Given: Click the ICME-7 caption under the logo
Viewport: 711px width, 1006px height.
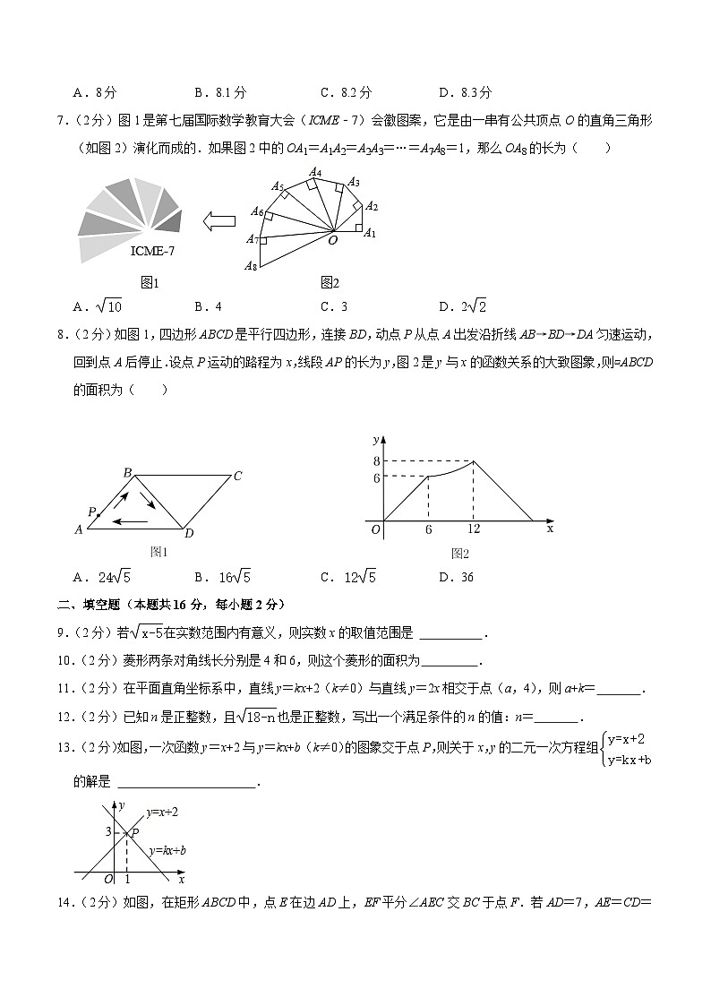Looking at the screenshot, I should (x=152, y=251).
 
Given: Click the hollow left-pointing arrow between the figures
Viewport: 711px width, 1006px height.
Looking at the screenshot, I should (x=218, y=220).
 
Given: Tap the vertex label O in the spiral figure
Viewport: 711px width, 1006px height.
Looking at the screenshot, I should (x=331, y=240).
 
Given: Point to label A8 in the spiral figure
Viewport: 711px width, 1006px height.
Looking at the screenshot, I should (x=253, y=266).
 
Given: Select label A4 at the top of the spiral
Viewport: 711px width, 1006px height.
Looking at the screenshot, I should (x=315, y=172).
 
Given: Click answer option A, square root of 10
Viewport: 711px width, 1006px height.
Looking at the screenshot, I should (x=101, y=306).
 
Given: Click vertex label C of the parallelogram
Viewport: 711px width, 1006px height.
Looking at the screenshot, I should (x=237, y=476).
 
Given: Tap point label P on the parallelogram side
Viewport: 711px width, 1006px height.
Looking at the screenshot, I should (x=91, y=512).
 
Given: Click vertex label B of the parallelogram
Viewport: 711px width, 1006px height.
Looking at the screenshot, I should (x=127, y=472).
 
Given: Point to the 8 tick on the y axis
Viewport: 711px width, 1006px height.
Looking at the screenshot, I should (x=378, y=460).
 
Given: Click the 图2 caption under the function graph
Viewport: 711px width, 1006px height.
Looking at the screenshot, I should (x=460, y=554).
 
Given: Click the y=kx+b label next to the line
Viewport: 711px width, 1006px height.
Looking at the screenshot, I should (x=167, y=849).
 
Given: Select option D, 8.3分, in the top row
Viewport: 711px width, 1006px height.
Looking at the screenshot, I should (x=466, y=91).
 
